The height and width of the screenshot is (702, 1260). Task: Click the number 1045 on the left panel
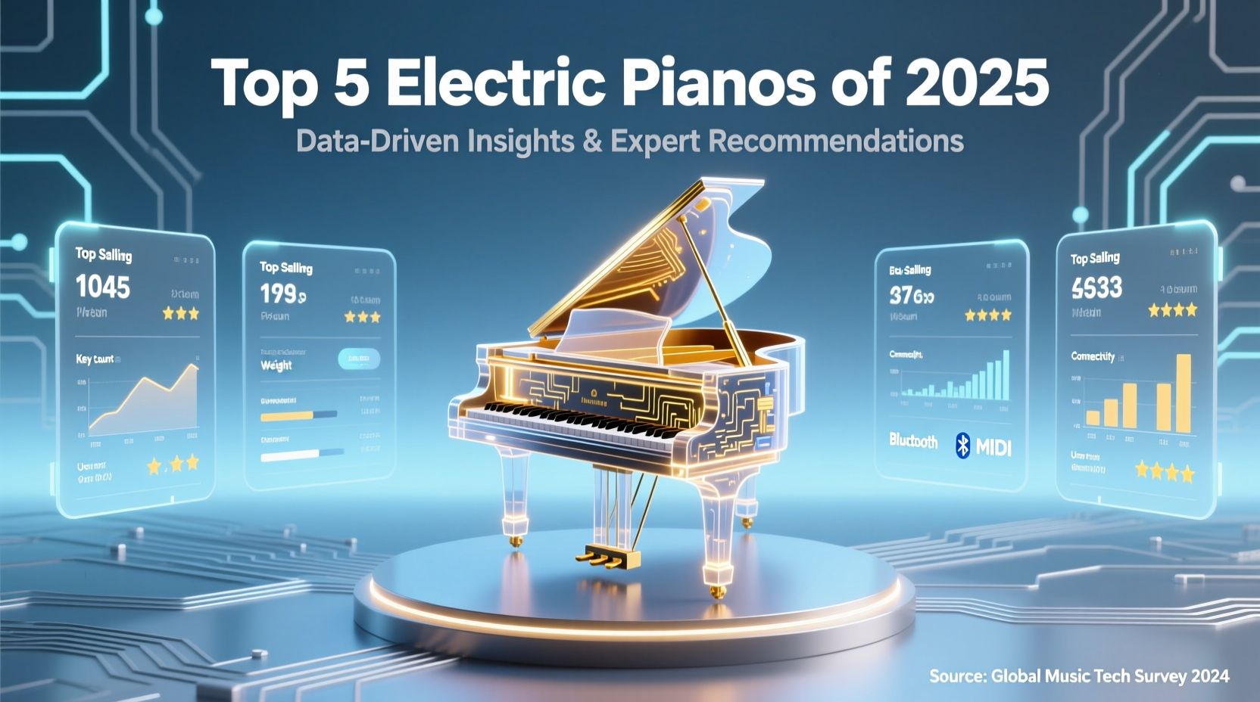(x=103, y=287)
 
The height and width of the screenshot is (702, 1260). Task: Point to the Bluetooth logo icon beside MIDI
(x=962, y=446)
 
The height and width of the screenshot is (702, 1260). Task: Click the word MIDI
(x=993, y=447)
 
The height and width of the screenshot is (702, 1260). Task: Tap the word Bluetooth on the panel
(x=913, y=440)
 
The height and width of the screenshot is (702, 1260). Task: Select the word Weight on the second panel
(x=276, y=365)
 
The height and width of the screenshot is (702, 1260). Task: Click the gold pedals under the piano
(x=606, y=558)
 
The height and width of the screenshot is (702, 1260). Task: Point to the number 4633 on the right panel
(x=1096, y=287)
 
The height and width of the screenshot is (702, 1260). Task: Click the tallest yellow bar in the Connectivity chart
(x=1184, y=393)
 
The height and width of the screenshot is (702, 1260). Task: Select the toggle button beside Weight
(x=359, y=359)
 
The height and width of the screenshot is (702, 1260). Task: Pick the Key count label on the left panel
(x=95, y=359)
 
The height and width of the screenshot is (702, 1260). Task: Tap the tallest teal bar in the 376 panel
(x=1006, y=375)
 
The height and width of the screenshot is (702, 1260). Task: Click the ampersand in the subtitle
(x=592, y=141)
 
